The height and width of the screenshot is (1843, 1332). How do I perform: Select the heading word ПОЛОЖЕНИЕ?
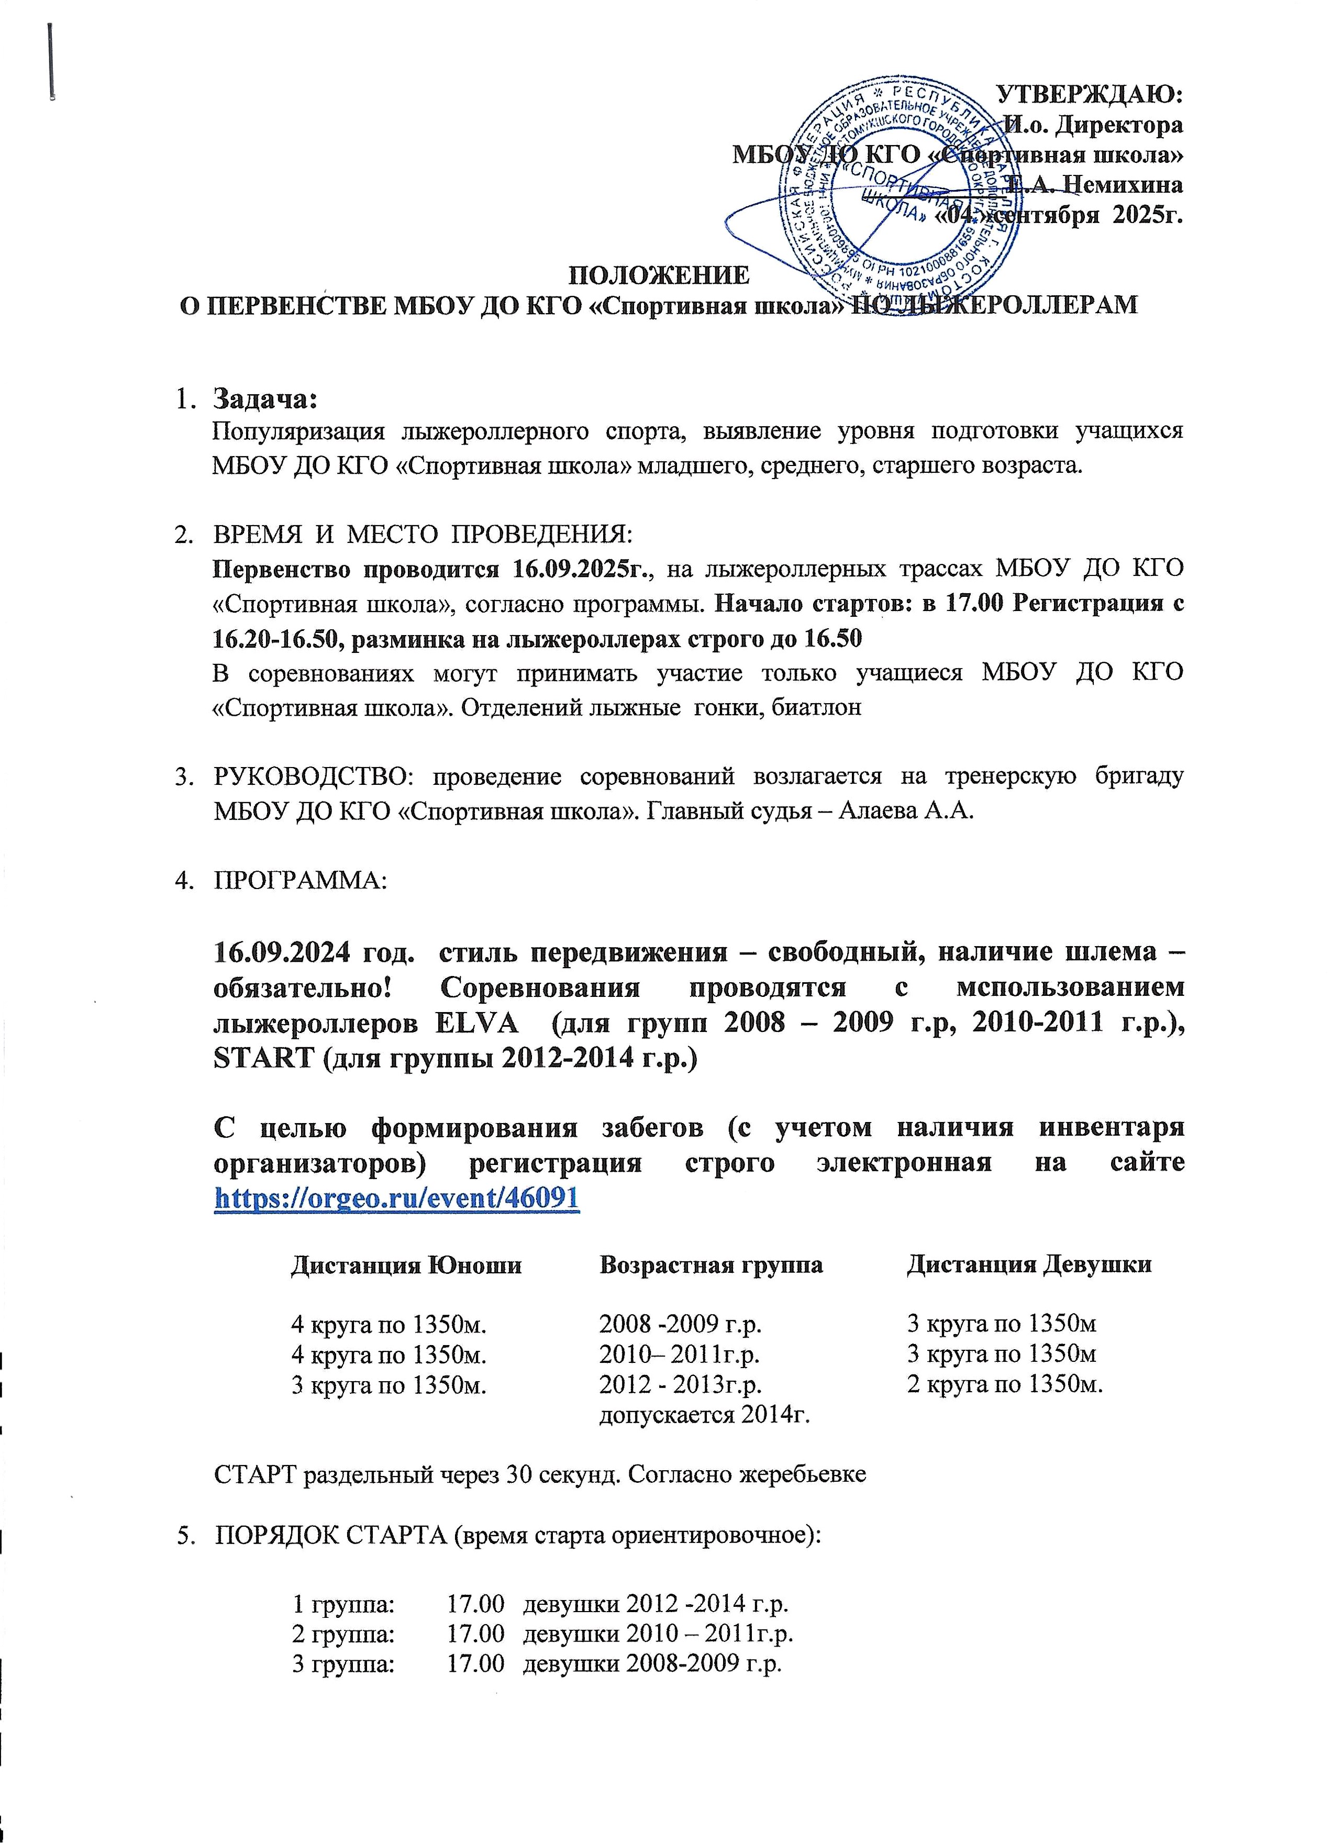tap(658, 275)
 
